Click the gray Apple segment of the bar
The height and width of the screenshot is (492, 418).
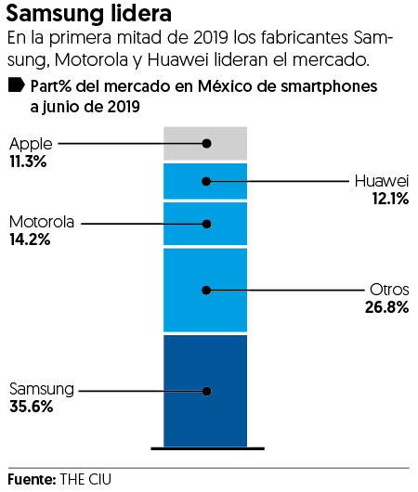point(205,144)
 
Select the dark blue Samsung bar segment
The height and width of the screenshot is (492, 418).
point(205,390)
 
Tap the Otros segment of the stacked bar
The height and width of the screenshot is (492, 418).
point(205,291)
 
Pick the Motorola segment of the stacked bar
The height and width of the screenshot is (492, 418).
point(205,224)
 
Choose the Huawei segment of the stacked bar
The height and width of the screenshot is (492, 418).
point(205,181)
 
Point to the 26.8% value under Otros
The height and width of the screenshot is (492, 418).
point(386,307)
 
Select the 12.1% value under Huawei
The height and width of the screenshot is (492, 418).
point(388,199)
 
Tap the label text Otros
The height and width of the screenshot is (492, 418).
point(389,291)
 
